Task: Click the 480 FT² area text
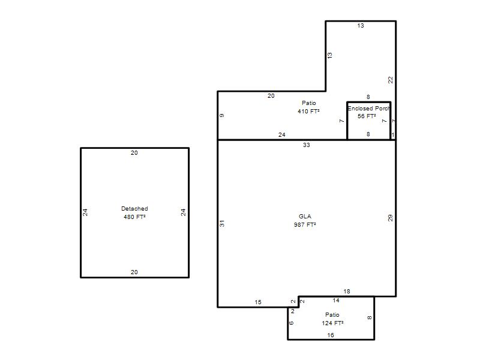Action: click(134, 217)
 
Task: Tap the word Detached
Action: click(134, 208)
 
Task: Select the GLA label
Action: click(305, 216)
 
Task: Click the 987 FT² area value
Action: click(305, 224)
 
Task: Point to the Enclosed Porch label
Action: click(369, 109)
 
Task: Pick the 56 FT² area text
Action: click(367, 116)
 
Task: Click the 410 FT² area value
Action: click(308, 111)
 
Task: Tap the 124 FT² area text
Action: click(332, 323)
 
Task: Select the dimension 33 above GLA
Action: click(307, 145)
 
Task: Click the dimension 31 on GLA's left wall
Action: click(222, 223)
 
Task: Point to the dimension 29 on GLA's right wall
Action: click(390, 218)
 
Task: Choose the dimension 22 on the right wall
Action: click(391, 80)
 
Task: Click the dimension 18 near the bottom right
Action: click(347, 292)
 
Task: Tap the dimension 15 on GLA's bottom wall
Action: click(258, 302)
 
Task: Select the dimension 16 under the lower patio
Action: click(331, 335)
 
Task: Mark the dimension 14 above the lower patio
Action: click(336, 301)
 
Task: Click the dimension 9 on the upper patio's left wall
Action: click(222, 115)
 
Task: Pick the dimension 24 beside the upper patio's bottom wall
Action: click(281, 134)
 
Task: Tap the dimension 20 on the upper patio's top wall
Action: click(271, 96)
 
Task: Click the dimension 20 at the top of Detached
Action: click(134, 153)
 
